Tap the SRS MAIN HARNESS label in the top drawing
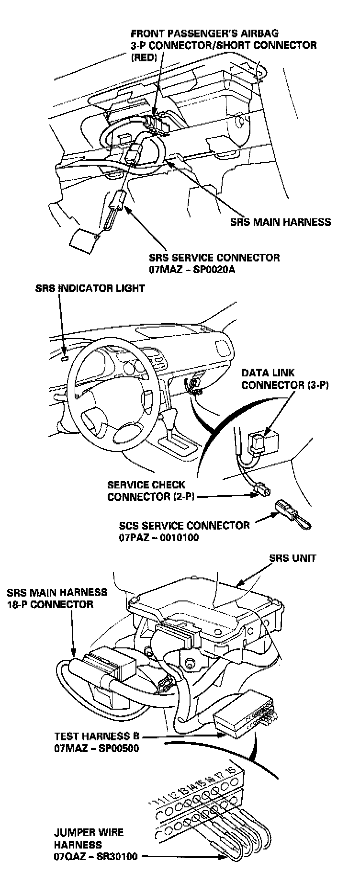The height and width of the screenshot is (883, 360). click(x=280, y=222)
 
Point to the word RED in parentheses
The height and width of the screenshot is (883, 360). click(x=144, y=57)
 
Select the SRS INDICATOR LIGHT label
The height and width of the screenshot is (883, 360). click(x=90, y=289)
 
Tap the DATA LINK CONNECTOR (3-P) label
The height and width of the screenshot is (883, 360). click(x=285, y=379)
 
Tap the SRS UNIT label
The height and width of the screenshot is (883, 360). click(x=292, y=558)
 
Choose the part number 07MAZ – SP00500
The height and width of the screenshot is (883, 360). click(x=96, y=748)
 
